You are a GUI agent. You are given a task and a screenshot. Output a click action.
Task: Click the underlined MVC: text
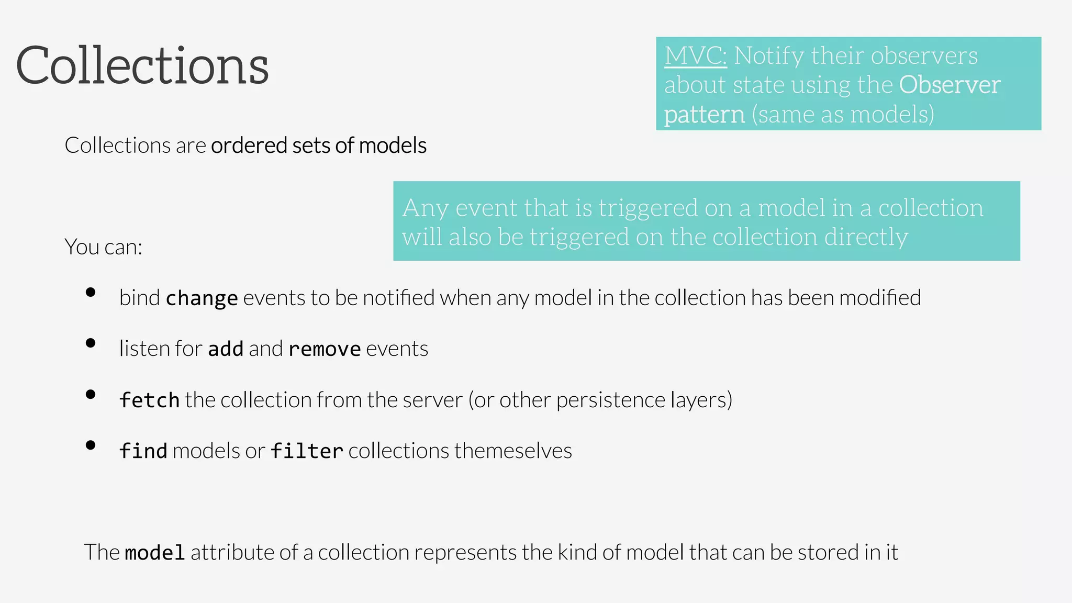click(x=696, y=55)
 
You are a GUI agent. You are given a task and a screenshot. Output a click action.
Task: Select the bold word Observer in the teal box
click(x=950, y=85)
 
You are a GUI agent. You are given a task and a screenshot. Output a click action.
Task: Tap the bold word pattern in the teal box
click(x=704, y=115)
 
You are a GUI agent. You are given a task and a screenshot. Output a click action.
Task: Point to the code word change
click(x=202, y=298)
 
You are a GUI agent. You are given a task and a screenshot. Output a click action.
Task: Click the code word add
click(x=226, y=349)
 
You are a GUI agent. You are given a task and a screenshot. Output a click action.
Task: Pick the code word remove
click(x=325, y=349)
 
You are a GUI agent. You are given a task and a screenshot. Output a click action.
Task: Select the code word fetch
click(x=149, y=400)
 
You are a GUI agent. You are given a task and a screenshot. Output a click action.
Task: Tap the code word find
click(x=143, y=451)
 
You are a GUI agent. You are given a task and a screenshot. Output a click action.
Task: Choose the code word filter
click(x=307, y=451)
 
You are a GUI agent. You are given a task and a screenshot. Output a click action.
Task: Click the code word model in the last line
click(x=155, y=553)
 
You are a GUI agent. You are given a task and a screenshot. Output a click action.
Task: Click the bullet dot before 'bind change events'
click(x=91, y=292)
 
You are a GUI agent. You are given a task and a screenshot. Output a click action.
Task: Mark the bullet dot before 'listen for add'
click(x=91, y=343)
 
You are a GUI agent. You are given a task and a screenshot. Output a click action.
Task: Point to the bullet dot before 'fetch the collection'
click(x=91, y=394)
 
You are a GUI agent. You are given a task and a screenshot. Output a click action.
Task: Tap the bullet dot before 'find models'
click(x=91, y=445)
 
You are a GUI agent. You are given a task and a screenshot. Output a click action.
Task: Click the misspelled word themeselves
click(x=512, y=451)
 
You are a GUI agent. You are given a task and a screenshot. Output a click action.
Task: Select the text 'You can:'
click(x=103, y=247)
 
